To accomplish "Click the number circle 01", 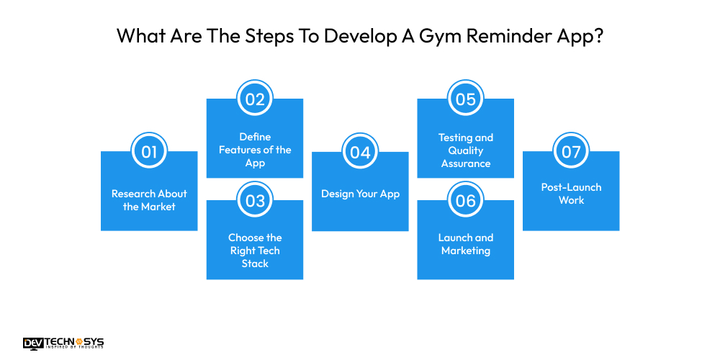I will (x=149, y=152).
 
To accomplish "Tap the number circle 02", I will (x=255, y=99).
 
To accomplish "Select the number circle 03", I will (x=255, y=201).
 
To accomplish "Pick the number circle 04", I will (x=360, y=152).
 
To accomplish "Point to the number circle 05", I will (x=466, y=99).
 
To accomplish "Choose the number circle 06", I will (x=466, y=201).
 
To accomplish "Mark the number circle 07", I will (x=571, y=152).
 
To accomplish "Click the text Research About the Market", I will (x=149, y=200).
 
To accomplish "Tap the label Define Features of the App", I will (x=255, y=150).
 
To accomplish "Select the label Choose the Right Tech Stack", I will (x=255, y=251).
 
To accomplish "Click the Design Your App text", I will (x=360, y=194).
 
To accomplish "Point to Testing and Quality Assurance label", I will (x=466, y=150).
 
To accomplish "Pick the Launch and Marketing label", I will (x=466, y=244).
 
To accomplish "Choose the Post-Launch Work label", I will (x=571, y=194).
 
